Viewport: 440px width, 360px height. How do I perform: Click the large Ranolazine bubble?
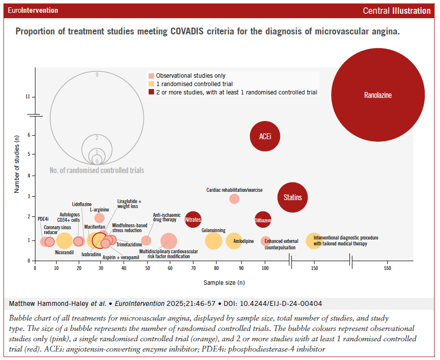(x=378, y=95)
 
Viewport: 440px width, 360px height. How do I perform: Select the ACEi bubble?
(x=265, y=136)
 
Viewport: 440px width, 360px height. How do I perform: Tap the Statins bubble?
(x=293, y=198)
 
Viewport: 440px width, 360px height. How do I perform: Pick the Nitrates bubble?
(x=193, y=220)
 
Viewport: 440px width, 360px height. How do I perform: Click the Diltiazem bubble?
(x=263, y=220)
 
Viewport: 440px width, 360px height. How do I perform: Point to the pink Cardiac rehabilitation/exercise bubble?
(x=234, y=199)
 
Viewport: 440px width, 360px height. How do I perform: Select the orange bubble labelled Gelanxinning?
(x=213, y=241)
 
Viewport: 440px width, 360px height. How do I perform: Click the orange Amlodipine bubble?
(x=234, y=240)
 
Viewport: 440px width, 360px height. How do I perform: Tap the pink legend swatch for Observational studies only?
(x=152, y=76)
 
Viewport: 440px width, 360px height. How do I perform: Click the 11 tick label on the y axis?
(x=28, y=97)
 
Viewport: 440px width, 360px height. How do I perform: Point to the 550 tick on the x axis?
(x=388, y=269)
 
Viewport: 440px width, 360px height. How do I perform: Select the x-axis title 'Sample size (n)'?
(x=224, y=283)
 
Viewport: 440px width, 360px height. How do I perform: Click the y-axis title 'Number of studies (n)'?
(x=17, y=168)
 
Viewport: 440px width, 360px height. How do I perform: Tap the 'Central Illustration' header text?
(x=396, y=11)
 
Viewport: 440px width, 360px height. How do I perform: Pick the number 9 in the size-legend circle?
(x=97, y=75)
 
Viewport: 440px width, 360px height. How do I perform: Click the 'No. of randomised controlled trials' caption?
(x=97, y=171)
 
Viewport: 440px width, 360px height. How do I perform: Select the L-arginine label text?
(x=99, y=209)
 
